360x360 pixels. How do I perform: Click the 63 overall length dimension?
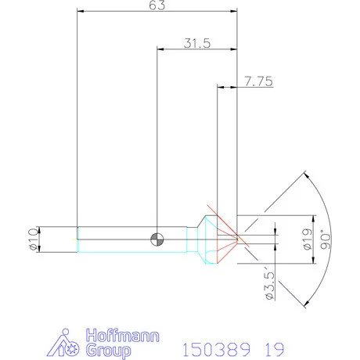157,6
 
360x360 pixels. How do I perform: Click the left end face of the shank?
77,239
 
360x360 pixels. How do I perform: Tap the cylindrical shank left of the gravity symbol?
117,239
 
